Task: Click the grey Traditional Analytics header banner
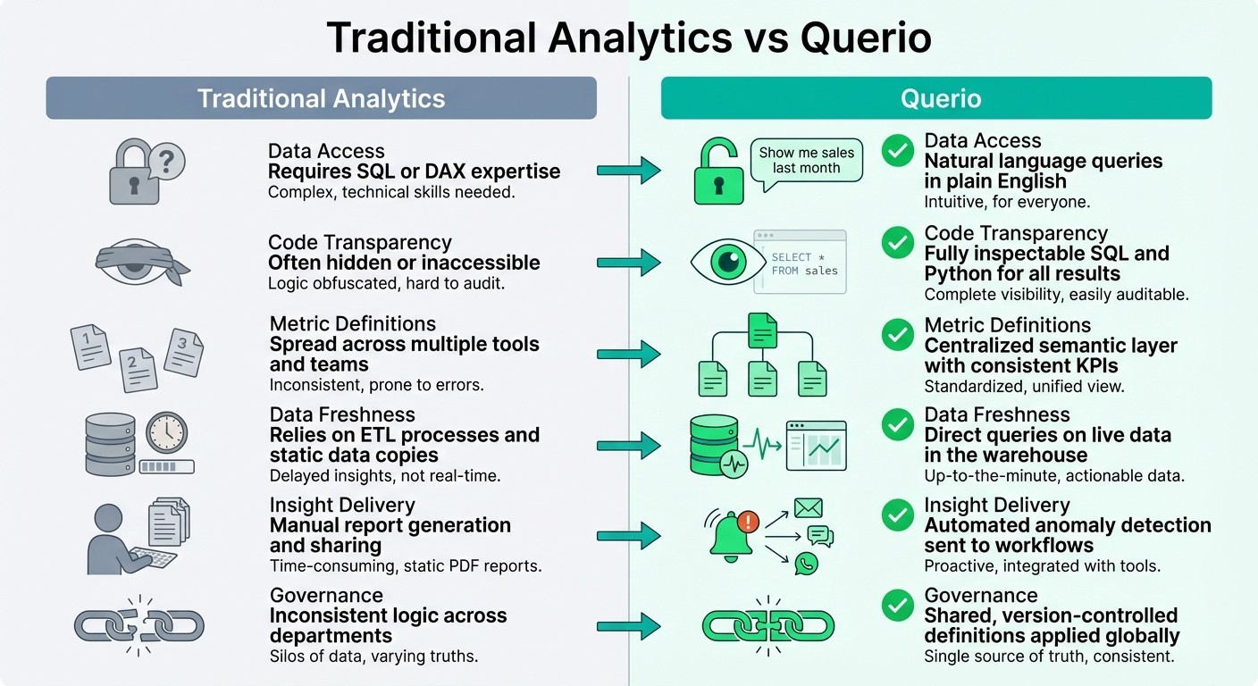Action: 321,98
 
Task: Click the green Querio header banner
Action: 935,98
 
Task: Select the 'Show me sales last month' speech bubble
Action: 806,161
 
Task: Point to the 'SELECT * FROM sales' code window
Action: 799,263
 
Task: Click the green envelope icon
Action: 808,508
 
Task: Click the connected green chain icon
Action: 767,624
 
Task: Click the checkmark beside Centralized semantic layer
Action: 896,335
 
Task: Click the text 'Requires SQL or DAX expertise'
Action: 415,171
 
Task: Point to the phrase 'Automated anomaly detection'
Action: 1068,525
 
